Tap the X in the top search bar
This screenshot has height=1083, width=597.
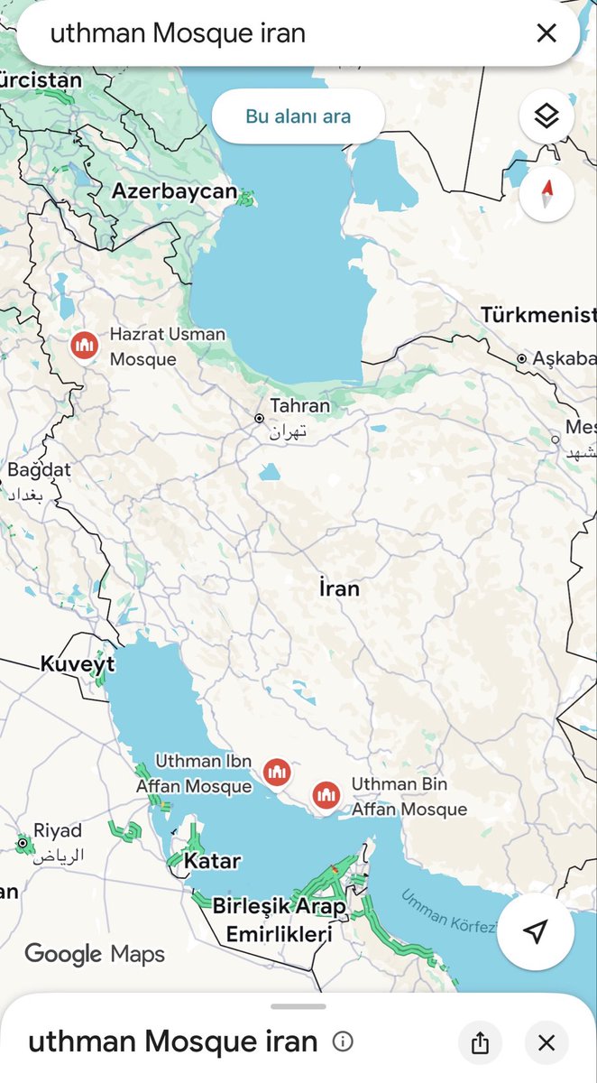click(546, 33)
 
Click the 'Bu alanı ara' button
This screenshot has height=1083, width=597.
click(298, 116)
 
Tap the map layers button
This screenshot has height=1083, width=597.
click(546, 116)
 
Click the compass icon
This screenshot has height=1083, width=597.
click(546, 194)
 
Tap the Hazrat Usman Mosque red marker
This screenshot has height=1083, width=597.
click(85, 345)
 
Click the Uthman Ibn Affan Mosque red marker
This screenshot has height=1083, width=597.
click(278, 772)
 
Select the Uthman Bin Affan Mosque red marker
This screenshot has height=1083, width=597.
click(326, 795)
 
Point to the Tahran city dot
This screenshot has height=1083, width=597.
click(259, 419)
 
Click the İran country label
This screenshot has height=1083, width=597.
click(339, 589)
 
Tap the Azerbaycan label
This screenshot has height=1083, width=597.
click(174, 191)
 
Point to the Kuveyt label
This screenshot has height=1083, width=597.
click(78, 665)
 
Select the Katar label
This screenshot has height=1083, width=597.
click(212, 861)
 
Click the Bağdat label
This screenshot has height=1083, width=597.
click(39, 470)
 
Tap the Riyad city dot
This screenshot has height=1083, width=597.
click(23, 844)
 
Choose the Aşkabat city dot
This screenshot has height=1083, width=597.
click(521, 359)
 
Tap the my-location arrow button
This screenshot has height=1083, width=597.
click(536, 931)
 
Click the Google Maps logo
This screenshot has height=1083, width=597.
click(95, 953)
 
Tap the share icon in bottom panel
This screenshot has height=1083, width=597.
click(480, 1043)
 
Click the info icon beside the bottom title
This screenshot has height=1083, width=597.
click(343, 1042)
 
